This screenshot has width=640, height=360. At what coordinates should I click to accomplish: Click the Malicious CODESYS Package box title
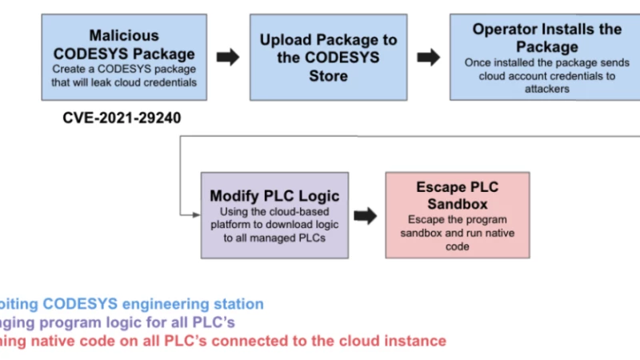tap(123, 46)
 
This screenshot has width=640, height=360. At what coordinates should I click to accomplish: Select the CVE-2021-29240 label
tap(122, 118)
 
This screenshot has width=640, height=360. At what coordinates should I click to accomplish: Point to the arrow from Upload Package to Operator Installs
tap(429, 57)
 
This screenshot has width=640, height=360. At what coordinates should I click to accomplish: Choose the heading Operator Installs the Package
tap(546, 38)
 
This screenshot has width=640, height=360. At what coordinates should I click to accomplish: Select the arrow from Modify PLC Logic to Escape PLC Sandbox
tap(366, 215)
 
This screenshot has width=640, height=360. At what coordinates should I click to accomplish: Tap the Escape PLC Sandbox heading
tap(457, 196)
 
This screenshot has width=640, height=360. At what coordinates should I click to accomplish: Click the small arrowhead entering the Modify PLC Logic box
tap(195, 214)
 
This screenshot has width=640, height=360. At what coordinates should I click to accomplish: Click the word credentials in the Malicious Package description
tap(169, 82)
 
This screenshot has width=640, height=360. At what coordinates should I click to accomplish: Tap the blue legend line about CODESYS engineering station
tap(132, 304)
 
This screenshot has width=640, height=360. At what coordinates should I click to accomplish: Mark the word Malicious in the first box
tap(123, 36)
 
